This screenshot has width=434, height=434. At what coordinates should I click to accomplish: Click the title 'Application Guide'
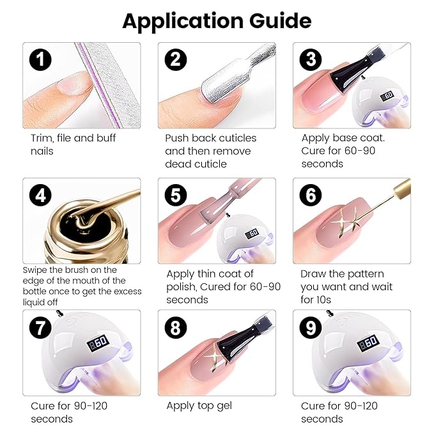click(217, 20)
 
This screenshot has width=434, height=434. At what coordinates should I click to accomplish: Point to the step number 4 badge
click(40, 196)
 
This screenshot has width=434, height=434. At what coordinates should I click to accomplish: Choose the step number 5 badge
click(176, 196)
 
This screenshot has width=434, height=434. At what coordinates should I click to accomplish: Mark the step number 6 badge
click(311, 196)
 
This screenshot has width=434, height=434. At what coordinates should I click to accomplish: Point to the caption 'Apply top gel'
click(199, 406)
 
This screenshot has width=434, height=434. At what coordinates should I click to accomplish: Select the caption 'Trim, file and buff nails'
click(73, 144)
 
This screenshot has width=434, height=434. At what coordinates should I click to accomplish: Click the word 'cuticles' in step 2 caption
click(236, 138)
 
